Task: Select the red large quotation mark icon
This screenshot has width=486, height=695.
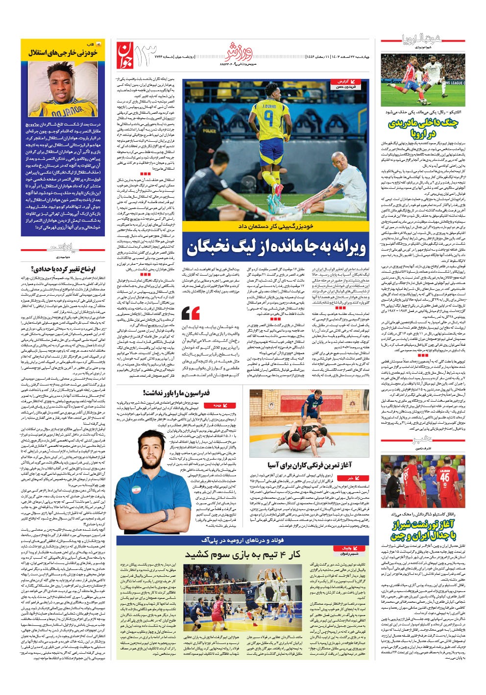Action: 191,312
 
